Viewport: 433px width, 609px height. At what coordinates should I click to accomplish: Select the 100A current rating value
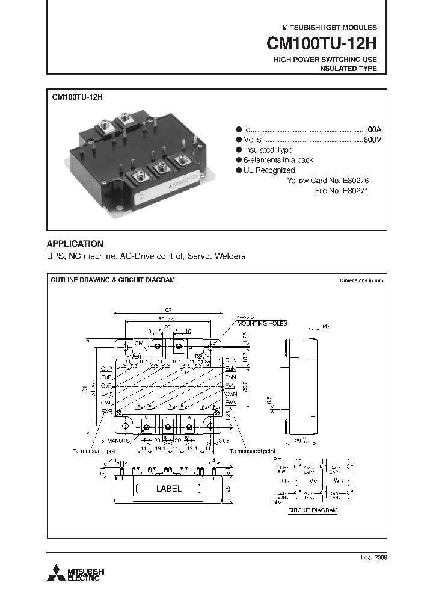372,129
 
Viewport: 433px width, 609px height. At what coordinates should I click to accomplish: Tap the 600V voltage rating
372,140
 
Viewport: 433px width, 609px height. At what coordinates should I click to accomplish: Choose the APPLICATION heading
75,244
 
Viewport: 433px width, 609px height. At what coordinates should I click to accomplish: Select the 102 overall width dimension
167,309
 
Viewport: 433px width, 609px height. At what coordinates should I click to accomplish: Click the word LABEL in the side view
168,489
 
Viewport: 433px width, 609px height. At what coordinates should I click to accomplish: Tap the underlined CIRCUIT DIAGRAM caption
312,510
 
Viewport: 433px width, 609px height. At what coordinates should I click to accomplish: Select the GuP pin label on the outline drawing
107,368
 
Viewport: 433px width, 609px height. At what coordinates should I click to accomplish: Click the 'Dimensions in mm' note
361,280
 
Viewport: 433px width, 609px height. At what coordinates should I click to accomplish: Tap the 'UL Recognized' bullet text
269,170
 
